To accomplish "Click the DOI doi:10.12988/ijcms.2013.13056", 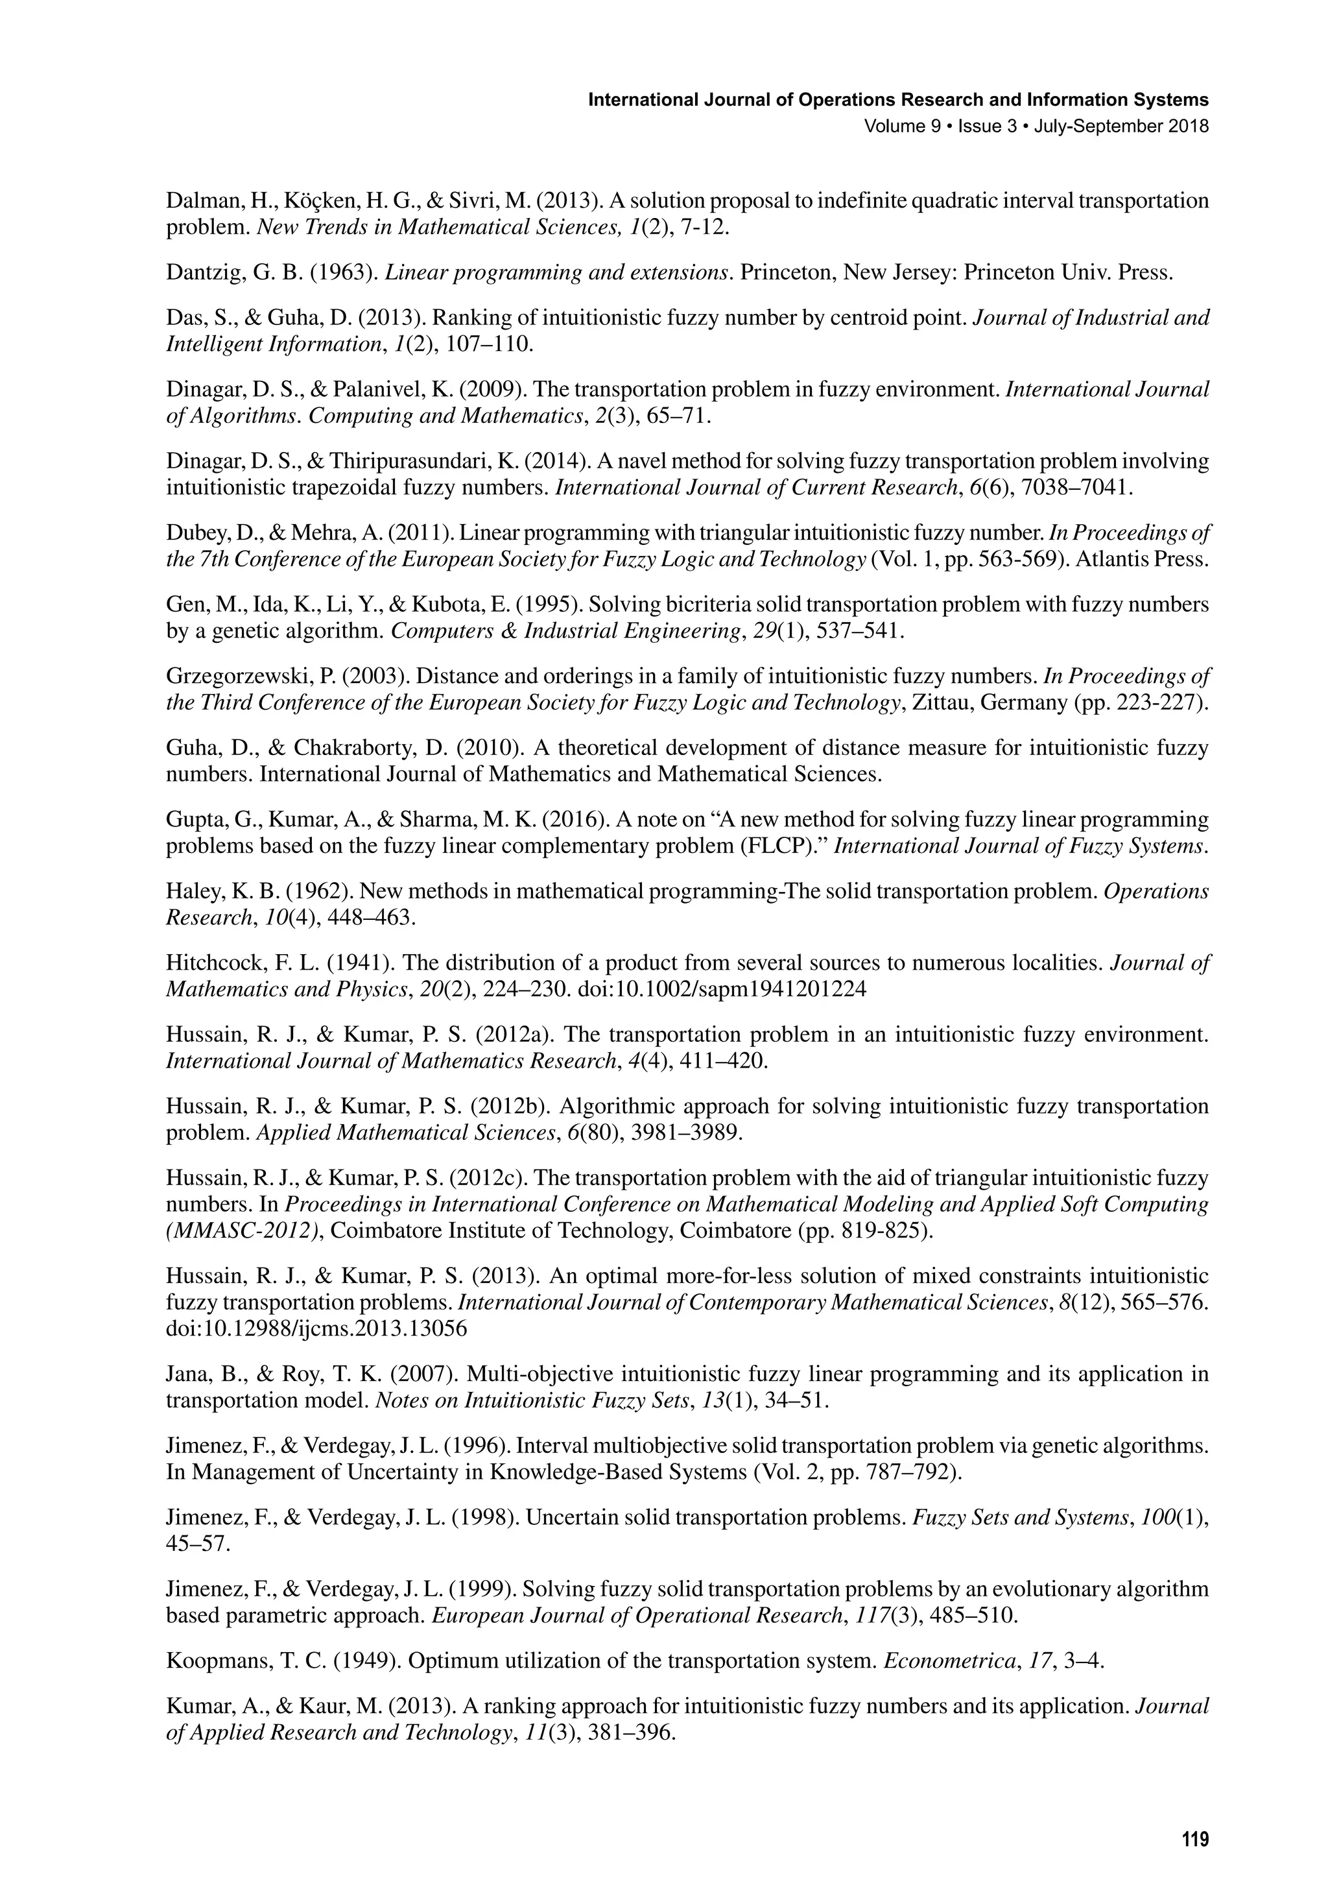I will click(316, 1329).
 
